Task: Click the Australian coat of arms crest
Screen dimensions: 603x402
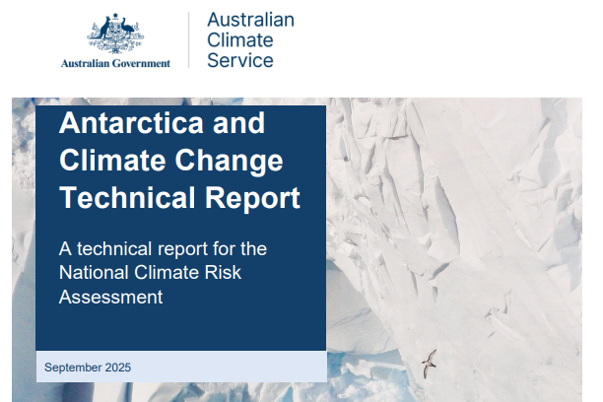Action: click(115, 33)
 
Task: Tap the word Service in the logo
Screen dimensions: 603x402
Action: click(240, 60)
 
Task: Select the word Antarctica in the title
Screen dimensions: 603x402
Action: click(131, 123)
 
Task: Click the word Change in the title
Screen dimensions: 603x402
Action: click(230, 161)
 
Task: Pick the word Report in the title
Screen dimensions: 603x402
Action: click(252, 199)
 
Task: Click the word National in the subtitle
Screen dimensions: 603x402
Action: click(94, 272)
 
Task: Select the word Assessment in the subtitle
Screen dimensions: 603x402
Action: click(111, 297)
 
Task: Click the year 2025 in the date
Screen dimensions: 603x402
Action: click(118, 368)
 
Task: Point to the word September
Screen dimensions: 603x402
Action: click(74, 368)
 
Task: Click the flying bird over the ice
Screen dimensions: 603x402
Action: click(429, 364)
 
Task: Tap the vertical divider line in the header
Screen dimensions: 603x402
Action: click(189, 40)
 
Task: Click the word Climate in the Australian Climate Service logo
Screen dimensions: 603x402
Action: click(240, 40)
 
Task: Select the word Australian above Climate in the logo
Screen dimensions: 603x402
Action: click(250, 20)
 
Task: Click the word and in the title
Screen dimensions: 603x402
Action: click(238, 123)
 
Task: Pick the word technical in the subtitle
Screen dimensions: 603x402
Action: click(114, 248)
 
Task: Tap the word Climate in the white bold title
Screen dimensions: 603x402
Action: click(112, 160)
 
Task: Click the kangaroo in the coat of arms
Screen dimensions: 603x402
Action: click(103, 30)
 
